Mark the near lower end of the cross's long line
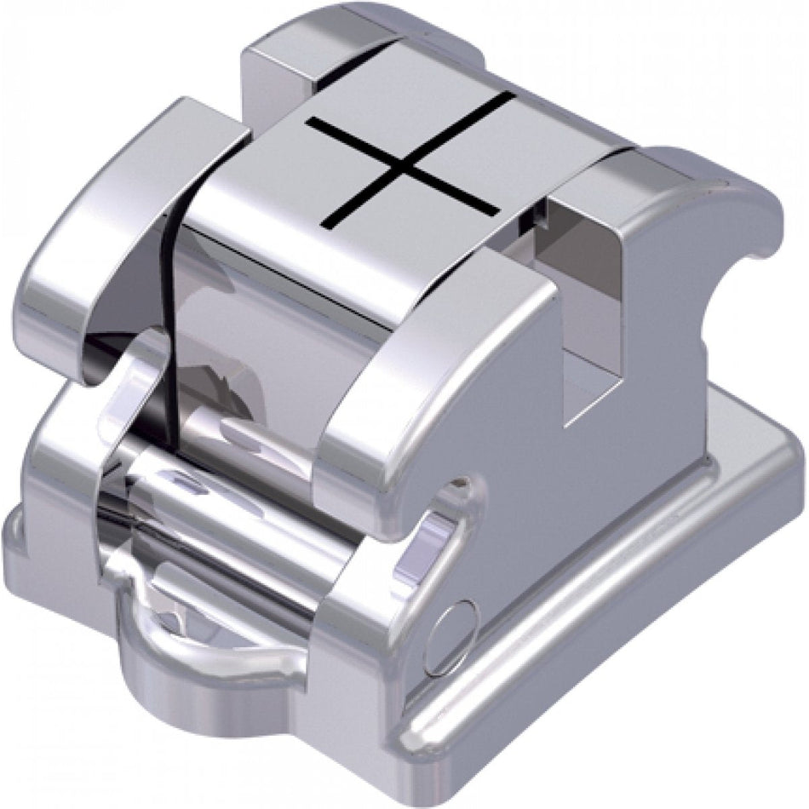[325, 227]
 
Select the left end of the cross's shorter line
[308, 123]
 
